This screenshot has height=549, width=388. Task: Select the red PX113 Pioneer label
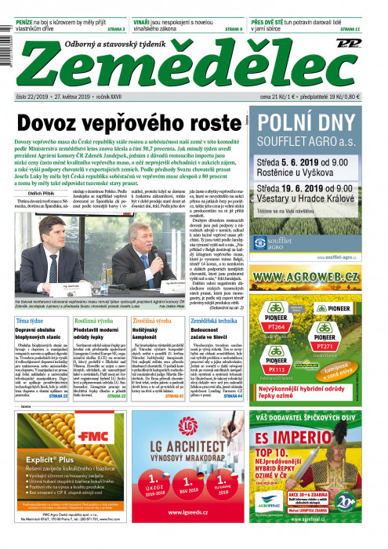point(277,369)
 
